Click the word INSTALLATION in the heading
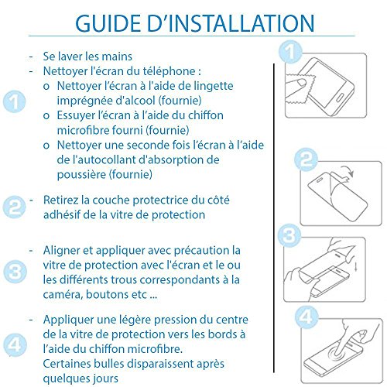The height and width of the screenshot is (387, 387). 241,23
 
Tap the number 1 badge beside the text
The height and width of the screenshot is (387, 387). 15,101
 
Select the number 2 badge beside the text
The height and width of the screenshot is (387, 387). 15,207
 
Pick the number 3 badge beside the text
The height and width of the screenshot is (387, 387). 15,272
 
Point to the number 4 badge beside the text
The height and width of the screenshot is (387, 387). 15,345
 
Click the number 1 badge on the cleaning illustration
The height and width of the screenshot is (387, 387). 290,52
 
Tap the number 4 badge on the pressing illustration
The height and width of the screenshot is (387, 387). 307,317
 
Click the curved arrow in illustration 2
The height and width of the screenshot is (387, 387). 348,170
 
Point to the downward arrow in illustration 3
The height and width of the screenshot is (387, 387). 356,266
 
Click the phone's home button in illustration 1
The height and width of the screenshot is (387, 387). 340,98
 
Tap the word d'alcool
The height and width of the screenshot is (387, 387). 135,101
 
